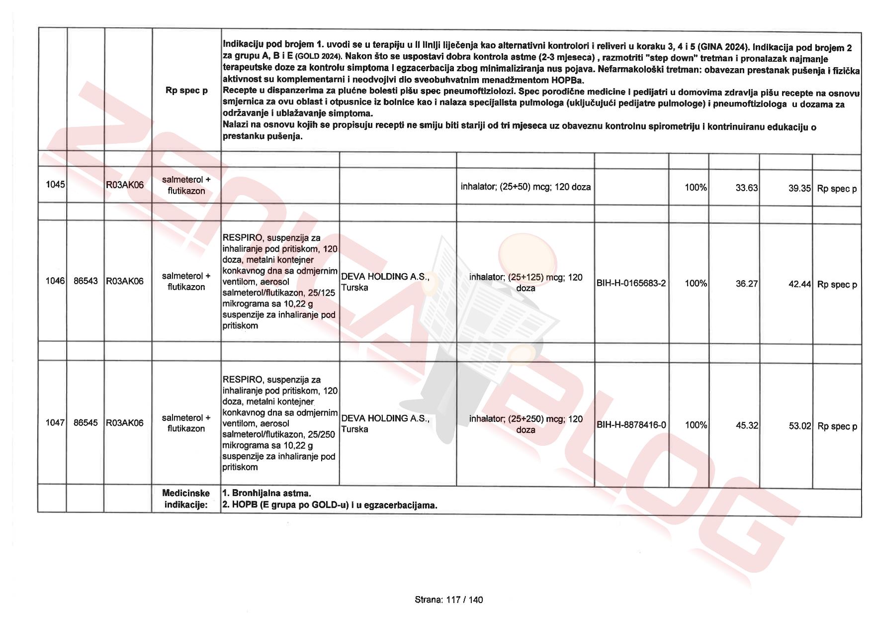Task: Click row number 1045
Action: pyautogui.click(x=55, y=185)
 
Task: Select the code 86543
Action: pyautogui.click(x=86, y=281)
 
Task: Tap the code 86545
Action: pyautogui.click(x=86, y=423)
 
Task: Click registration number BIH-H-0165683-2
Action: pyautogui.click(x=631, y=284)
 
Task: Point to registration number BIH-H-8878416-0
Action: pyautogui.click(x=631, y=425)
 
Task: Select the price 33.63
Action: pyautogui.click(x=747, y=188)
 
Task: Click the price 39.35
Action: pyautogui.click(x=799, y=189)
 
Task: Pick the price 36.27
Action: pyautogui.click(x=747, y=284)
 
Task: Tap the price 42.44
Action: pyautogui.click(x=799, y=285)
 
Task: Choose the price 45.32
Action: pyautogui.click(x=747, y=425)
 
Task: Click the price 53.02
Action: pyautogui.click(x=799, y=426)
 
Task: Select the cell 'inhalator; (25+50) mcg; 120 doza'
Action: pyautogui.click(x=525, y=188)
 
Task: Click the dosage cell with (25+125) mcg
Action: pyautogui.click(x=525, y=283)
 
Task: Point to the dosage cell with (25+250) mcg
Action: pyautogui.click(x=525, y=424)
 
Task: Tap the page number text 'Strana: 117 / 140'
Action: pyautogui.click(x=448, y=600)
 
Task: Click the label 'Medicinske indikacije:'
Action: pyautogui.click(x=186, y=499)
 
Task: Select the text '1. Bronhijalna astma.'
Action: pyautogui.click(x=266, y=494)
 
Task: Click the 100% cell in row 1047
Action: pyautogui.click(x=696, y=425)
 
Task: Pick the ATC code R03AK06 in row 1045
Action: pyautogui.click(x=125, y=185)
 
